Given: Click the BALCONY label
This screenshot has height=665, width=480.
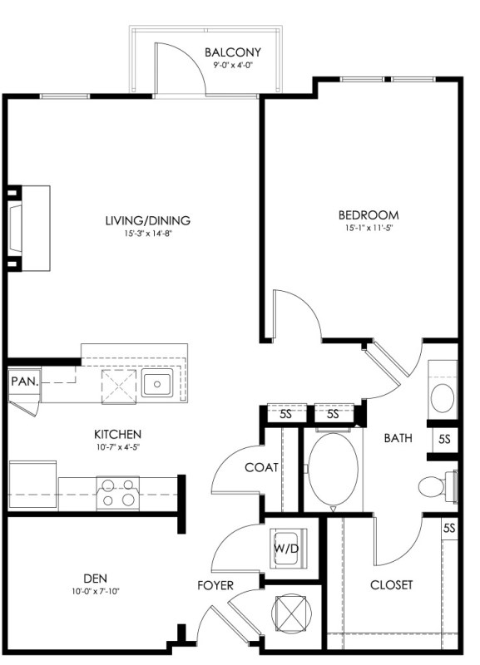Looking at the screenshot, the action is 233,52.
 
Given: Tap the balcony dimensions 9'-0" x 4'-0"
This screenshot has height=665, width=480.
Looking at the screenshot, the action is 233,65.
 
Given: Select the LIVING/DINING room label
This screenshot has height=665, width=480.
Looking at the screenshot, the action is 148,220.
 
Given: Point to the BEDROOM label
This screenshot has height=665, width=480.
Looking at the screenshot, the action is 369,215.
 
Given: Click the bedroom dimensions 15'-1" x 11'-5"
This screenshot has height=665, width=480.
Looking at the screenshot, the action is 369,228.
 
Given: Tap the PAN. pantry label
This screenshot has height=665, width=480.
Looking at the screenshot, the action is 25,382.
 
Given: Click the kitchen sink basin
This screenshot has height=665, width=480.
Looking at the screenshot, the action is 157,383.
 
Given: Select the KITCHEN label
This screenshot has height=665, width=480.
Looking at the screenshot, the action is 117,434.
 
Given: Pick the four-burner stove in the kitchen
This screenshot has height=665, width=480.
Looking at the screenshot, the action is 118,493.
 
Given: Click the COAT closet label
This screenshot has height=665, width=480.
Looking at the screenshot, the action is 261,467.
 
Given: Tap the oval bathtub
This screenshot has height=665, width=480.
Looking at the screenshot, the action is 333,470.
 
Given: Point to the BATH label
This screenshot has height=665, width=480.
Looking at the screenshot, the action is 398,438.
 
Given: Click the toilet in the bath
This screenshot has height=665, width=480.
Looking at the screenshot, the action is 437,486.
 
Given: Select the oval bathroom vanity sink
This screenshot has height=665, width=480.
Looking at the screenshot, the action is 443,398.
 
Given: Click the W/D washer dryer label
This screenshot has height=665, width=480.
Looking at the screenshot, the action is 286,549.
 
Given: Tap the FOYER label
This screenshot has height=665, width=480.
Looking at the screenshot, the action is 215,586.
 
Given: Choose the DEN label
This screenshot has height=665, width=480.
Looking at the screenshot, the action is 95,579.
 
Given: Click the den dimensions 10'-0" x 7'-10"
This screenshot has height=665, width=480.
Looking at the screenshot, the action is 96,591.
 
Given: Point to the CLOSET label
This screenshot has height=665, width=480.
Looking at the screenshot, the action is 391,585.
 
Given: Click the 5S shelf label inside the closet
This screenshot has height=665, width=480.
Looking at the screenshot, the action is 449,529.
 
